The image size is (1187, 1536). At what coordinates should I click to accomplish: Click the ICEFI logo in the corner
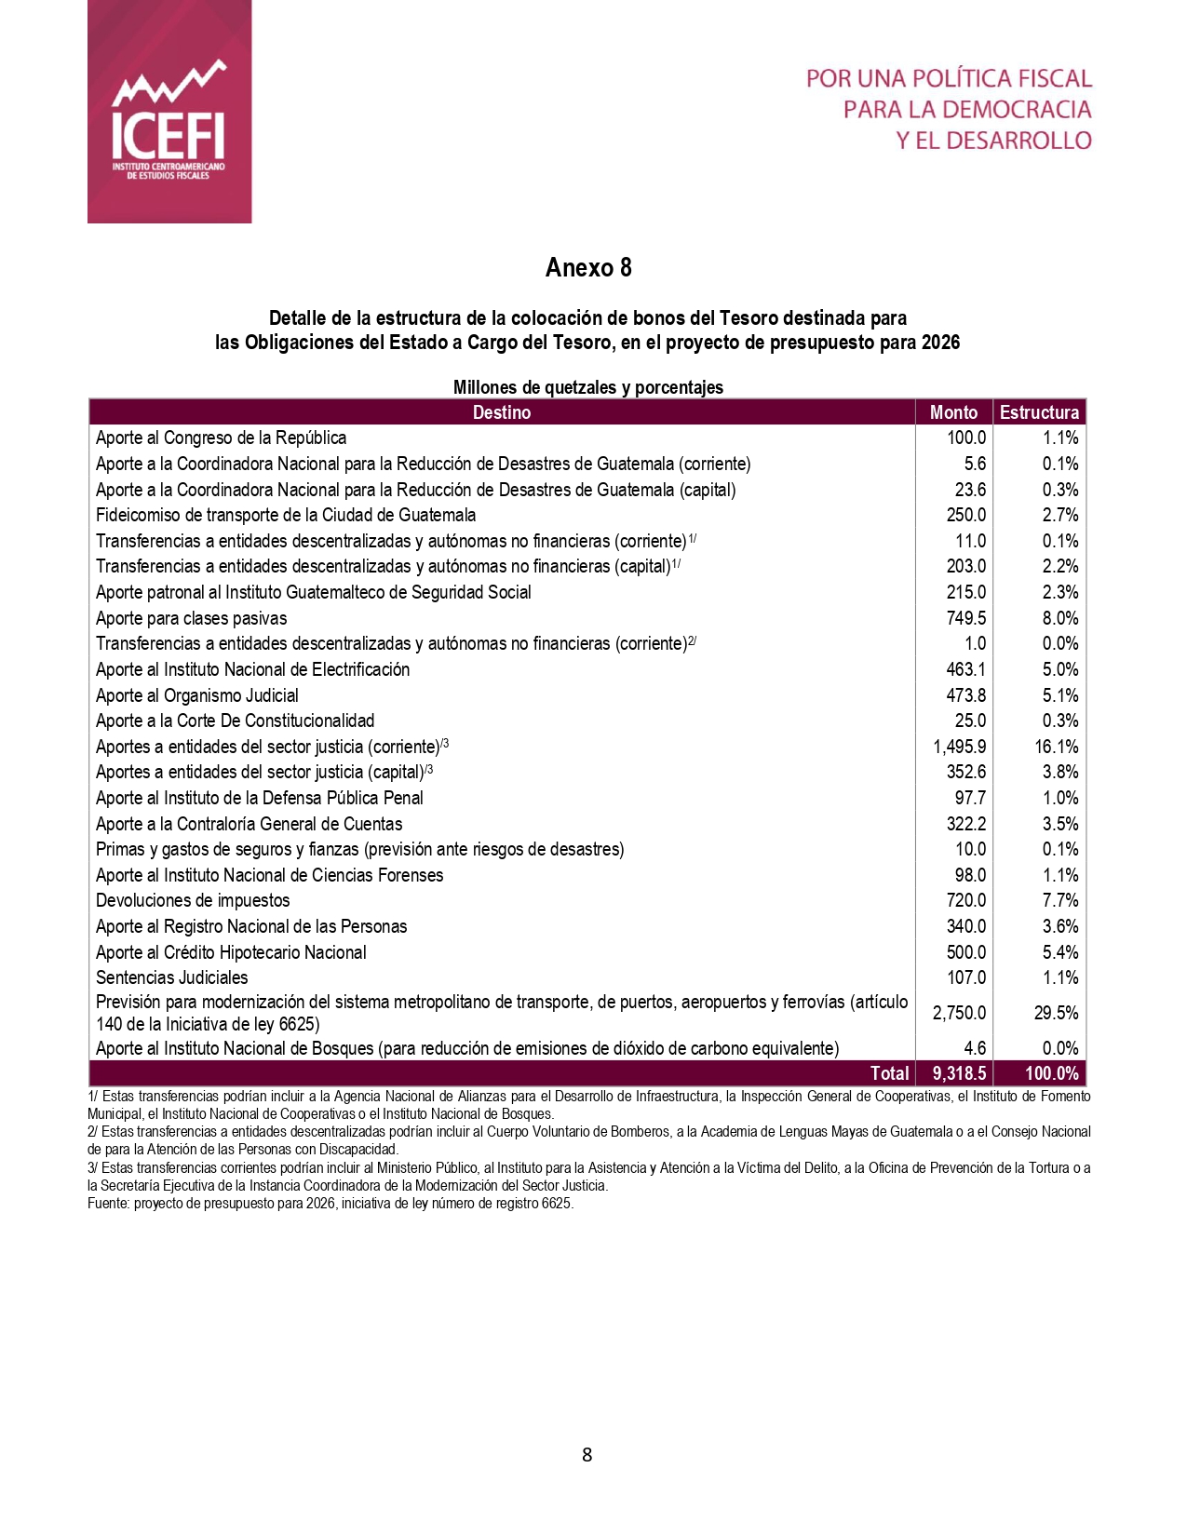tap(169, 112)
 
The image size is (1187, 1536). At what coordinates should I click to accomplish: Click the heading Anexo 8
tap(588, 268)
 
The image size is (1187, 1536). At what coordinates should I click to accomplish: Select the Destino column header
tap(502, 412)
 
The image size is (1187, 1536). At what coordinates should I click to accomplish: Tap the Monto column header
tap(954, 412)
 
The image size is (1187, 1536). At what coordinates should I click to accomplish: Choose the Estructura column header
tap(1039, 412)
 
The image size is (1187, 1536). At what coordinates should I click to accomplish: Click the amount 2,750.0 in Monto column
tap(959, 1013)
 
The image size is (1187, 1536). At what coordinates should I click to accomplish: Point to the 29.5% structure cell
tap(1056, 1013)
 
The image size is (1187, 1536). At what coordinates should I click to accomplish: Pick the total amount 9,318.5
tap(959, 1073)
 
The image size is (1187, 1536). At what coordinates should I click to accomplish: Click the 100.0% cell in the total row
tap(1052, 1073)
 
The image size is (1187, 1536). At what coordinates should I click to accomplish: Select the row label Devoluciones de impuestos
tap(193, 900)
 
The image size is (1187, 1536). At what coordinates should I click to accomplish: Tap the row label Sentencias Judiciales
tap(172, 977)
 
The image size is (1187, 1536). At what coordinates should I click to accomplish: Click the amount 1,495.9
tap(959, 747)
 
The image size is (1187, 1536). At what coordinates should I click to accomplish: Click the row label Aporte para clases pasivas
tap(191, 618)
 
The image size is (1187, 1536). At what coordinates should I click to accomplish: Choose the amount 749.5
tap(965, 618)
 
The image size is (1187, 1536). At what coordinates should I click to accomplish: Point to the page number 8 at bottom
tap(587, 1455)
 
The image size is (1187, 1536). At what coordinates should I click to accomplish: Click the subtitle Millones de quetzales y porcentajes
tap(587, 387)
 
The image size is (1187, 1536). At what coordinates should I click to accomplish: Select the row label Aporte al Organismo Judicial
tap(197, 695)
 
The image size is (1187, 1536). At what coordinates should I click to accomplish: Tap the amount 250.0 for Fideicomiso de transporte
tap(965, 515)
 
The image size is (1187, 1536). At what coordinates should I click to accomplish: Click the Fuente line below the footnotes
tap(330, 1203)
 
